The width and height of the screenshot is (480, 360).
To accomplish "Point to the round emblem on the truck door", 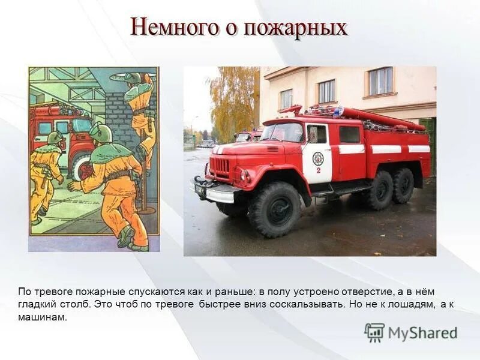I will pos(318,158).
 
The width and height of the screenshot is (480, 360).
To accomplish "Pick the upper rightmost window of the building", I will pos(380,81).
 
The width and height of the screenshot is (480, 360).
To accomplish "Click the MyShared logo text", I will pos(422,333).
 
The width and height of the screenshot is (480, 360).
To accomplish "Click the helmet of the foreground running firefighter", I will pos(101,132).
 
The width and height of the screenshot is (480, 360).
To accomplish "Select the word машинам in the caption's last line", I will pos(42,317).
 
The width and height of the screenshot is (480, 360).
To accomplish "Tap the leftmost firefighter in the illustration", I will pos(46,177).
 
